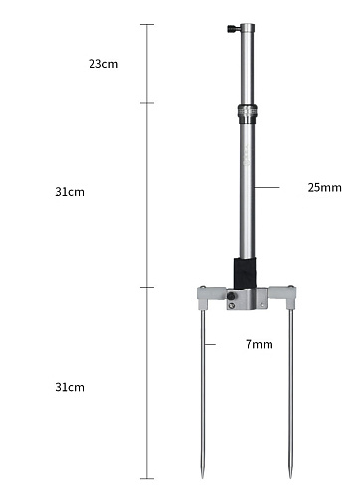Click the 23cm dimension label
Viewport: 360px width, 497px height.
(x=103, y=64)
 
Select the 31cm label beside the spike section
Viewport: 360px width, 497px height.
(x=70, y=387)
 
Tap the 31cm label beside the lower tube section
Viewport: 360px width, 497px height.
(x=70, y=192)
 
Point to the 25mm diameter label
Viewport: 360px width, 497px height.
(x=325, y=187)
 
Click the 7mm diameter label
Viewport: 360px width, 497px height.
(x=260, y=344)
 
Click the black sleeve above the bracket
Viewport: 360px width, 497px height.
(x=245, y=273)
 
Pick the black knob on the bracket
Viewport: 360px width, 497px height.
(x=231, y=295)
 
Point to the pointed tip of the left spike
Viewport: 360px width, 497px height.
(x=203, y=477)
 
